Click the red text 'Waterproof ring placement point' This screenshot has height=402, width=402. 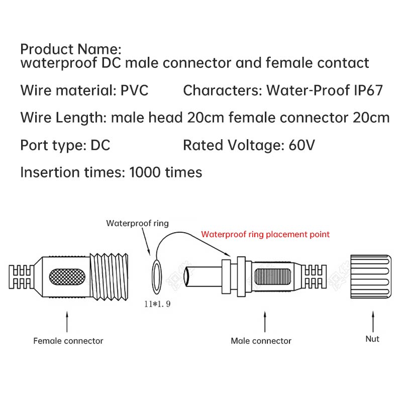coord(265,234)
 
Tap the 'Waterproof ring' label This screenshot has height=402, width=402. coord(137,223)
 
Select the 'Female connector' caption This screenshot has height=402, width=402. coord(68,341)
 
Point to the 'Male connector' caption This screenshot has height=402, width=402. coord(261,341)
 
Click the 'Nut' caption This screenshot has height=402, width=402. coord(372,339)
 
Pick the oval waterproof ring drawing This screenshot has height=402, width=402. coord(156,278)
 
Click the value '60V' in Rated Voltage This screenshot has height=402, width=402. coord(302,145)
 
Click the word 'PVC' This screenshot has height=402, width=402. coord(135,90)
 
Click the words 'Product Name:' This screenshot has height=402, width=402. coord(71,49)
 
